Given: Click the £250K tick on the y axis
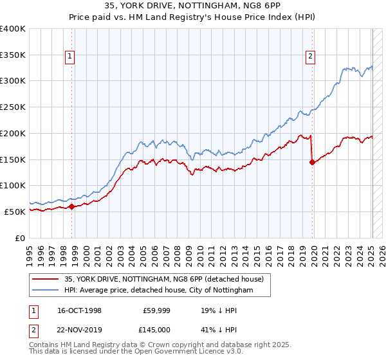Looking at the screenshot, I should [x=13, y=107].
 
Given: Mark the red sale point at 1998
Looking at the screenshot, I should [x=72, y=206].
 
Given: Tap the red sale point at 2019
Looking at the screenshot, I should [x=313, y=162].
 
